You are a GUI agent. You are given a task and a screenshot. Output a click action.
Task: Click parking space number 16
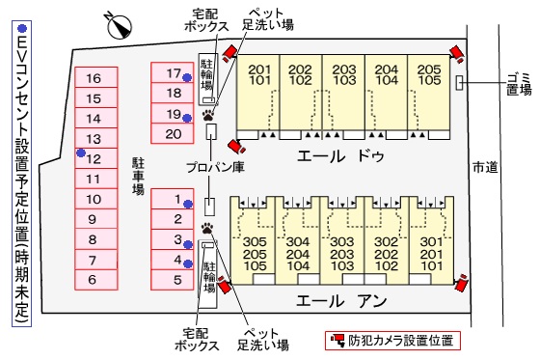pyautogui.click(x=94, y=78)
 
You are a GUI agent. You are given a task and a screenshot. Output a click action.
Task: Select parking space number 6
pyautogui.click(x=94, y=280)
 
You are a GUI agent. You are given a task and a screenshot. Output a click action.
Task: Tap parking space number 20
pyautogui.click(x=174, y=133)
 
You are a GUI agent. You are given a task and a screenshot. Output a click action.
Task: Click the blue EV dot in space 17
pyautogui.click(x=189, y=73)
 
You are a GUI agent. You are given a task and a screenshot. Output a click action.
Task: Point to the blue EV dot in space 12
pyautogui.click(x=82, y=153)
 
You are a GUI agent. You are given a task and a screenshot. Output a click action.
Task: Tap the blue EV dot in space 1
pyautogui.click(x=189, y=203)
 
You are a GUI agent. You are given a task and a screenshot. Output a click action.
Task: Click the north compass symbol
pyautogui.click(x=119, y=24)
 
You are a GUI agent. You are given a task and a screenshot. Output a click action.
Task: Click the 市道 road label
pyautogui.click(x=485, y=167)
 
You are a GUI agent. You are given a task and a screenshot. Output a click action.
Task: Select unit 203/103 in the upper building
pyautogui.click(x=342, y=75)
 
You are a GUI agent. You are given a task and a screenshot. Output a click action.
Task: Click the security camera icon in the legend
pyautogui.click(x=337, y=340)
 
